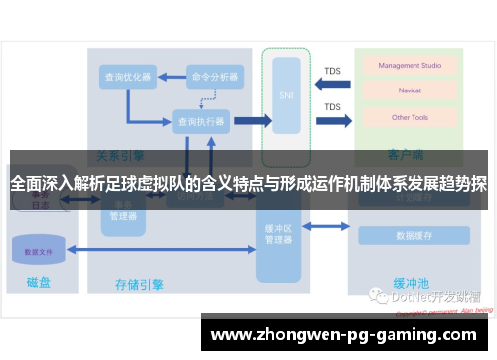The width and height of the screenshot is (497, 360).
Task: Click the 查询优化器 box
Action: (126, 77)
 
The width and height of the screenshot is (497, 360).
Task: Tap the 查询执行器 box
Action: (199, 120)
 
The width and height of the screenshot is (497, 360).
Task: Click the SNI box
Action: (285, 96)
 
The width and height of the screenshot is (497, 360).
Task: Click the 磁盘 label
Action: (36, 283)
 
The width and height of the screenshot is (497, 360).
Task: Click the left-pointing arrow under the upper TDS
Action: (333, 87)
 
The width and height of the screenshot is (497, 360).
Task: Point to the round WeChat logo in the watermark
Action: (378, 295)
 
